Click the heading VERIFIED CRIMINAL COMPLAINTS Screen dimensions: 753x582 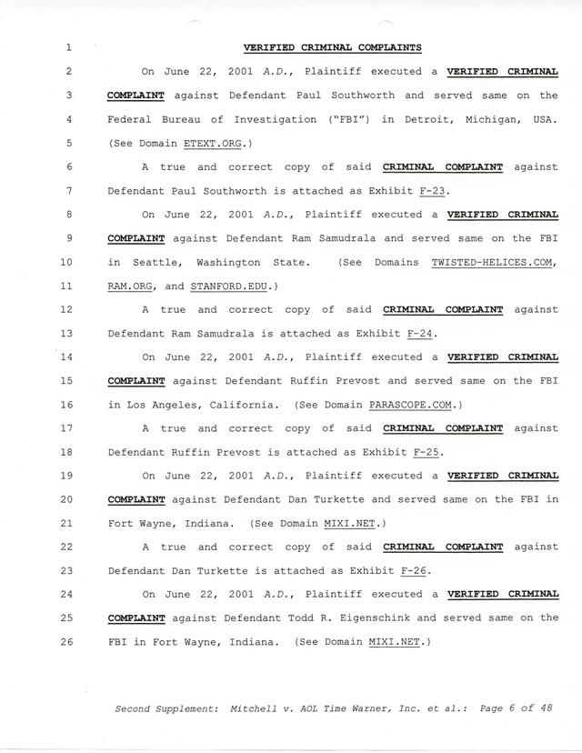click(x=332, y=47)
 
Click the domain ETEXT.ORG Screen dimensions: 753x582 click(x=215, y=143)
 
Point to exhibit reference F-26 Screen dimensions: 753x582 click(x=414, y=570)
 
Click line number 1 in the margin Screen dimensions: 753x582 click(x=69, y=47)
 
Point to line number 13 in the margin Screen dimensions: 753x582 click(x=69, y=333)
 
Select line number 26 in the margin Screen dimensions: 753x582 click(x=69, y=641)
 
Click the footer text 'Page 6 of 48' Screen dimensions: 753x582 click(x=514, y=708)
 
